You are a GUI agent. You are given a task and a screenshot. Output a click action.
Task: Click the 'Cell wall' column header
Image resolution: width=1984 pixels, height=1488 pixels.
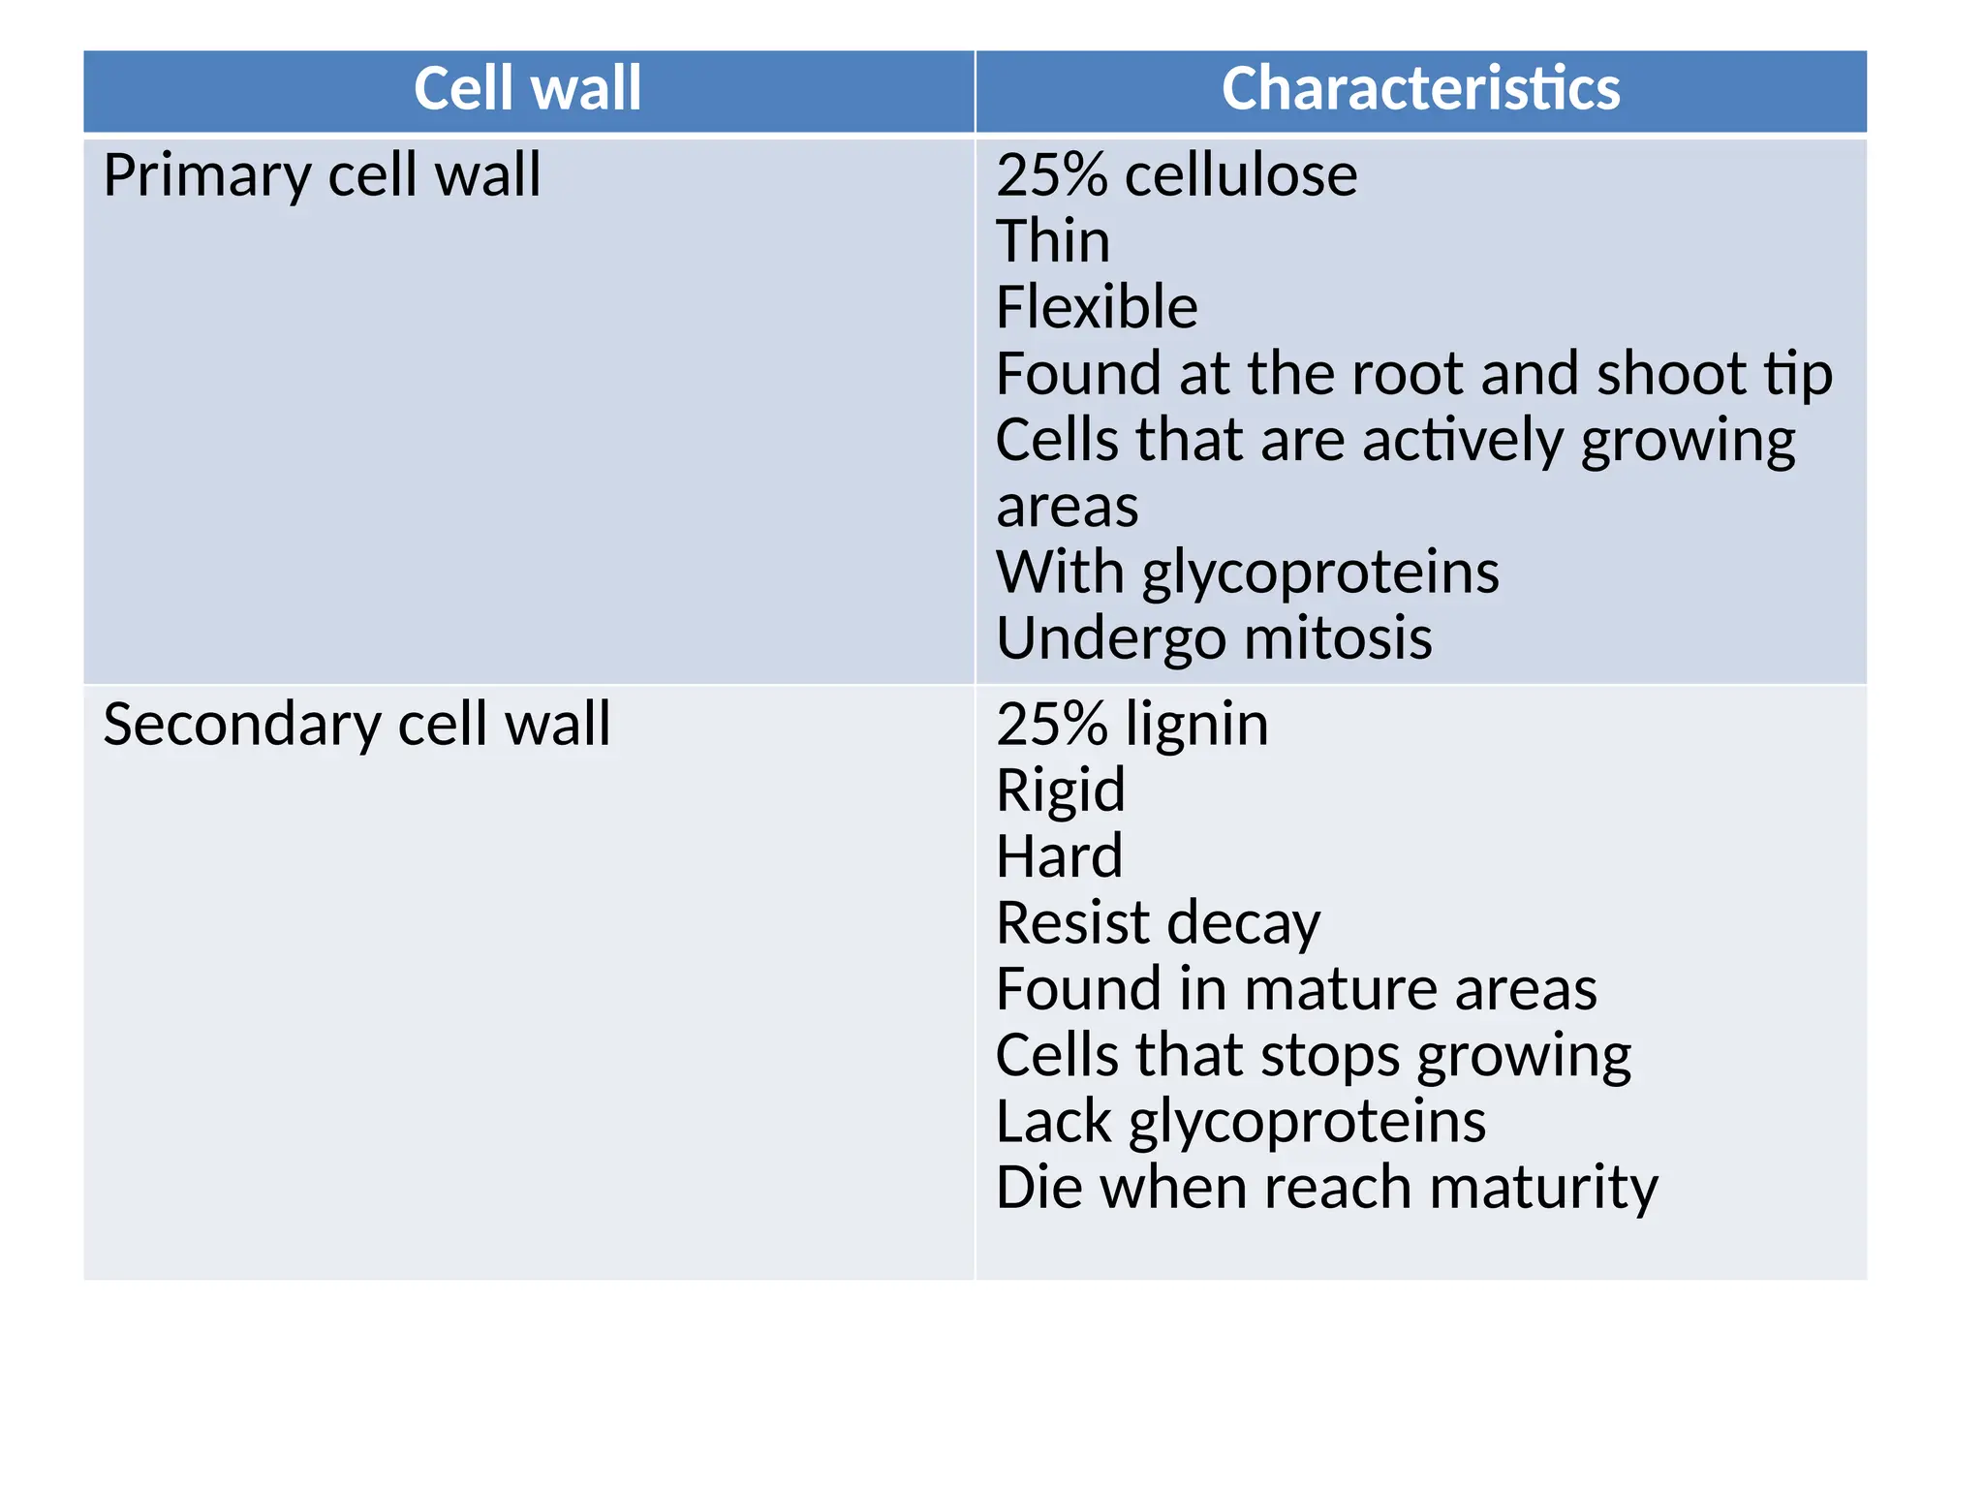click(x=527, y=89)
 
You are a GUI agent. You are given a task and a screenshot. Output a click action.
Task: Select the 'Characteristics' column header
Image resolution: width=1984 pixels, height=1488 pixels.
click(x=1420, y=89)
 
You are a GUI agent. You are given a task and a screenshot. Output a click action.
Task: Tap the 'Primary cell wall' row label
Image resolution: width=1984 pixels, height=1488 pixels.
click(x=322, y=176)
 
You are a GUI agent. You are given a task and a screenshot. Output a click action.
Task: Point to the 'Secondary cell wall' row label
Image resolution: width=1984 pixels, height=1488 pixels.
click(x=356, y=725)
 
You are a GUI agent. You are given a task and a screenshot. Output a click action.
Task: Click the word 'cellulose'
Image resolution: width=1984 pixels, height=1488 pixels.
click(x=1241, y=176)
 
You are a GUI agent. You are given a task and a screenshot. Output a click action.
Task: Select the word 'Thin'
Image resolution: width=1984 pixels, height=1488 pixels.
click(x=1053, y=241)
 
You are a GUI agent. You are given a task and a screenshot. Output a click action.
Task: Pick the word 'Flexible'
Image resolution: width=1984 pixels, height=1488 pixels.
click(x=1097, y=308)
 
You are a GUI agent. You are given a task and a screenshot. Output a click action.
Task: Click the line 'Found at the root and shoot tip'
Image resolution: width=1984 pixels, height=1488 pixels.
click(x=1413, y=374)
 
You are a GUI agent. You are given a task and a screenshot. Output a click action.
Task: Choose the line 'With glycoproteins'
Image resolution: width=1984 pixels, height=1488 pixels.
click(x=1247, y=573)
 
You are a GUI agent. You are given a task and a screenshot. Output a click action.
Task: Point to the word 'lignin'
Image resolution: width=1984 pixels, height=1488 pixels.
click(x=1196, y=725)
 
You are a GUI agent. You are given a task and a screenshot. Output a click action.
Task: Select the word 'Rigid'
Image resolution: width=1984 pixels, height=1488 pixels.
click(x=1061, y=790)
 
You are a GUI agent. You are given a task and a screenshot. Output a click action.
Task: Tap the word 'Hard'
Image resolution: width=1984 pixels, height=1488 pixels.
click(x=1060, y=856)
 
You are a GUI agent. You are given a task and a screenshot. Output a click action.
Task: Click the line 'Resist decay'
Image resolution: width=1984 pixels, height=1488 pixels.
click(x=1158, y=923)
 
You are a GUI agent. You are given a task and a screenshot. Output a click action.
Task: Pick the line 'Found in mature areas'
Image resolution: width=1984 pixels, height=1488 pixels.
click(x=1296, y=989)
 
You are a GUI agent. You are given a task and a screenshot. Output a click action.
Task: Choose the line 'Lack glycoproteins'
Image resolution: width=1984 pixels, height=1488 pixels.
click(x=1240, y=1122)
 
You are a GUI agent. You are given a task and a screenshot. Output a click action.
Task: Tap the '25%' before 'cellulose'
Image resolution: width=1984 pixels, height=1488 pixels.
click(x=1051, y=176)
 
